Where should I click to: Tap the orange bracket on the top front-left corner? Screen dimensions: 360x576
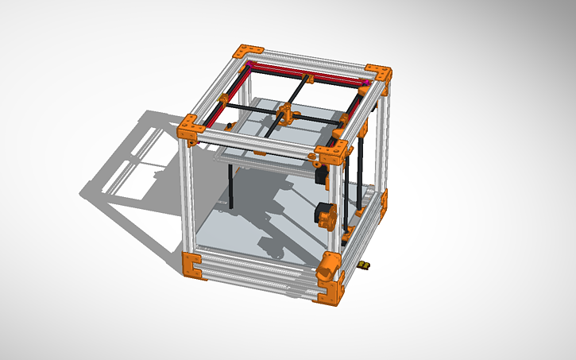tap(191, 128)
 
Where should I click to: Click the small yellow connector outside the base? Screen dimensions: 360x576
tap(364, 264)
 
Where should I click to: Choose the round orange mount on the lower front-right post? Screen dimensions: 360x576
tap(329, 265)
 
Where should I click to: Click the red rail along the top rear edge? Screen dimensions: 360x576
tap(310, 72)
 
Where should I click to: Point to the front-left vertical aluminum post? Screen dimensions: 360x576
tap(187, 199)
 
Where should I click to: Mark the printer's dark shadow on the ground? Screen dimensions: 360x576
tap(135, 183)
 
